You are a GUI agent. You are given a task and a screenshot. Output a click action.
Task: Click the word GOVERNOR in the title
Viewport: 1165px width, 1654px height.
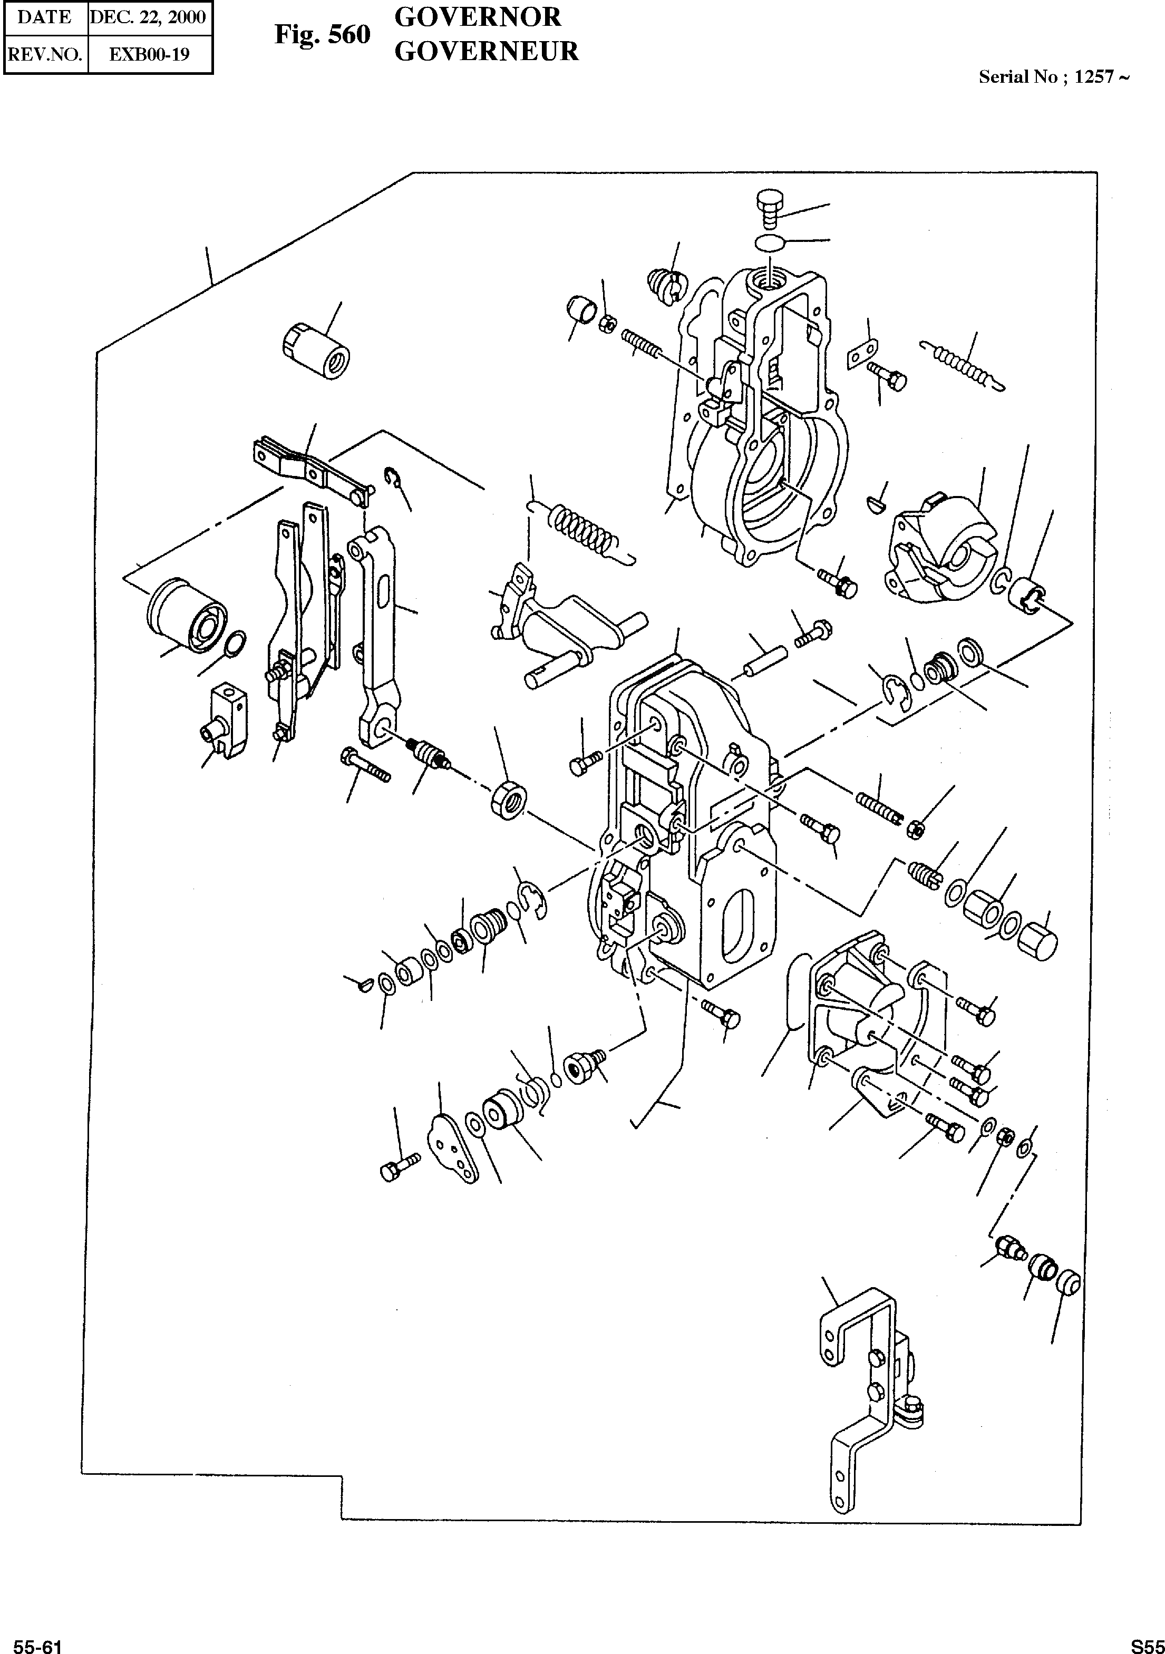tap(477, 16)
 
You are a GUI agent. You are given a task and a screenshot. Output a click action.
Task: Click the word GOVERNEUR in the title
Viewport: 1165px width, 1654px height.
tap(487, 51)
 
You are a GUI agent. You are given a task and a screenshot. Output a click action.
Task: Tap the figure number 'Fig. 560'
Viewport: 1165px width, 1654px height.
tap(322, 35)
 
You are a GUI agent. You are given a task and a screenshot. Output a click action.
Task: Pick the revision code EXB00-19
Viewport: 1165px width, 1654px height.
tap(149, 55)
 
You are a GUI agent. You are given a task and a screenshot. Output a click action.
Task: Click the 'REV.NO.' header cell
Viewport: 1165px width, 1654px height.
tap(45, 55)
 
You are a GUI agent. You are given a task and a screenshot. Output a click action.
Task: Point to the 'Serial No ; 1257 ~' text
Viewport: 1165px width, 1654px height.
tap(1053, 77)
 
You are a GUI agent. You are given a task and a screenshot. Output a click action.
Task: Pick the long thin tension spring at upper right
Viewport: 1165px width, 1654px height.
tap(962, 364)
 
